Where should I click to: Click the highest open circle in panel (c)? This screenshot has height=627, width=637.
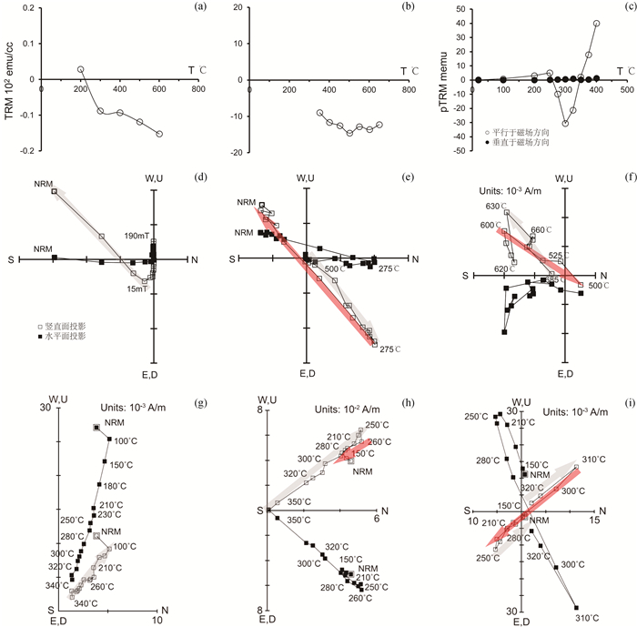[x=597, y=24]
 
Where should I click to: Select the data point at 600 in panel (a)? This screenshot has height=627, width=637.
[x=159, y=134]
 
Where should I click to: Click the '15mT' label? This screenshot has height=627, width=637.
[x=137, y=288]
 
